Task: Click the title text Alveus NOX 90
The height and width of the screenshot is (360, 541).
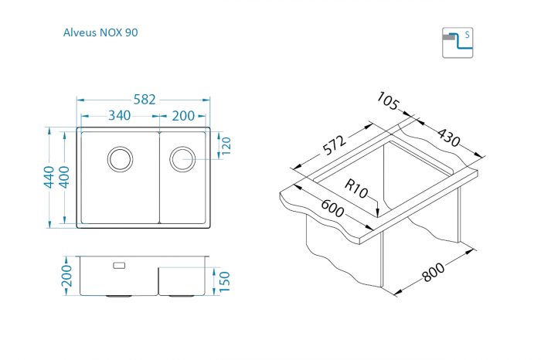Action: point(100,32)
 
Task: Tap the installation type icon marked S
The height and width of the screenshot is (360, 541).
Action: point(458,42)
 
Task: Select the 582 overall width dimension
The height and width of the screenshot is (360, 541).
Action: point(145,100)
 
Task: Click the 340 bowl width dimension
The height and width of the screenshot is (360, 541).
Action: point(119,116)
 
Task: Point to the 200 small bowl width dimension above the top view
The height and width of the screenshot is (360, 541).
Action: point(183,116)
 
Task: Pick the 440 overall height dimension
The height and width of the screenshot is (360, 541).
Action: point(49,177)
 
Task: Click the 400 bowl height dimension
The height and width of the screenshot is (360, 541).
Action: point(64,177)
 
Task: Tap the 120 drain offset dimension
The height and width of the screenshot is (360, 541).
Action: point(226,146)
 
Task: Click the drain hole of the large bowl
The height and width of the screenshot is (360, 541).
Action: point(120,159)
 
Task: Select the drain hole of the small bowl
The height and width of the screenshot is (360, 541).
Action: point(182,159)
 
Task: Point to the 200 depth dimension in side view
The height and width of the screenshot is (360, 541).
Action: point(67,276)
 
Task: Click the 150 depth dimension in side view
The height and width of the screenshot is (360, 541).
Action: point(225,281)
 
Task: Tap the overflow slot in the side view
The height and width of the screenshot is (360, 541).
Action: point(119,265)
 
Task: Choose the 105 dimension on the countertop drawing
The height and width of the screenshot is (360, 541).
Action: point(388,100)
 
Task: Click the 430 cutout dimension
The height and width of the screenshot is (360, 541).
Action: point(449,138)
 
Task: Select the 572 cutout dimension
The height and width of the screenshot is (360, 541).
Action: point(335,145)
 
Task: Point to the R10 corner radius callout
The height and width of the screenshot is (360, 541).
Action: point(356,189)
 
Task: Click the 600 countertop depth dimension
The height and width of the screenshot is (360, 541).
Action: point(332,208)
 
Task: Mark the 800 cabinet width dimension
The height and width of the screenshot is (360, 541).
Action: point(434,272)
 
